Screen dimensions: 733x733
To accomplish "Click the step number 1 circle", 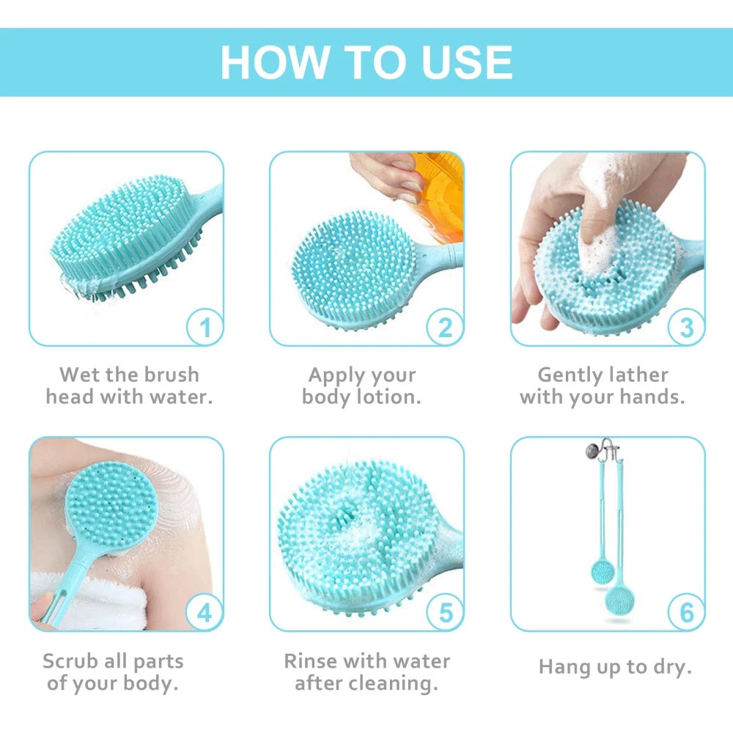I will tap(205, 327).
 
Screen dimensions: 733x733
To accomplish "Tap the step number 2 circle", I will tap(445, 327).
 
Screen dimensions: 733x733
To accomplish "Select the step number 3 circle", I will tap(686, 327).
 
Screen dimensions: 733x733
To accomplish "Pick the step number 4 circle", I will tap(205, 612).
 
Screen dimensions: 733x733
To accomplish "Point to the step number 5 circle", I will tap(445, 612).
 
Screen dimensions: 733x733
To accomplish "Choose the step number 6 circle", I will tap(686, 612).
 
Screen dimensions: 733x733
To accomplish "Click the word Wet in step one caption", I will tap(79, 375).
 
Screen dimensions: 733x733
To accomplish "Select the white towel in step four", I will tap(95, 601).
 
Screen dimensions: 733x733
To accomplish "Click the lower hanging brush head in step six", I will tap(620, 600).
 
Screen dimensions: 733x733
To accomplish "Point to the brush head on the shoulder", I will tap(110, 502).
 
